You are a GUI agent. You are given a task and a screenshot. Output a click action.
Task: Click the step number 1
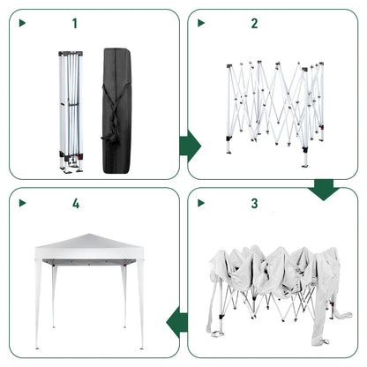pyautogui.click(x=74, y=24)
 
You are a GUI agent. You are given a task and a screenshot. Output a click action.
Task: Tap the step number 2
pyautogui.click(x=255, y=24)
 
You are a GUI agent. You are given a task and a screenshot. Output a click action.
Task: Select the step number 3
pyautogui.click(x=255, y=204)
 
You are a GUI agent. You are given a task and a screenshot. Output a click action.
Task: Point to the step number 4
pyautogui.click(x=76, y=204)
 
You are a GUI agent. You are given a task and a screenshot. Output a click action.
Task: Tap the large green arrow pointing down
pyautogui.click(x=324, y=187)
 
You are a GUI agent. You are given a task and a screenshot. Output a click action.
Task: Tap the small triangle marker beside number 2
pyautogui.click(x=201, y=24)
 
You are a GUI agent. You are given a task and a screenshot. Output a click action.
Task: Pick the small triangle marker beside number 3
pyautogui.click(x=201, y=204)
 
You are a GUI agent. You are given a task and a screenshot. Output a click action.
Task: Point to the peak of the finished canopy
pyautogui.click(x=88, y=236)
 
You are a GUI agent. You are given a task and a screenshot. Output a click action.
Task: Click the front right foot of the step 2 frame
pyautogui.click(x=304, y=163)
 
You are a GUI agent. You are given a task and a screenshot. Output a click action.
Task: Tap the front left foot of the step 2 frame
pyautogui.click(x=229, y=149)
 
